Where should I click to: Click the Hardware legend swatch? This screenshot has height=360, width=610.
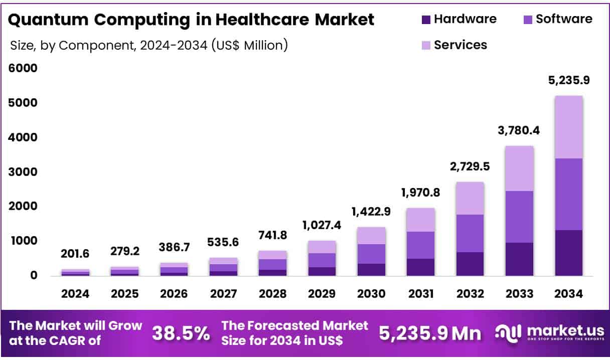click(426, 20)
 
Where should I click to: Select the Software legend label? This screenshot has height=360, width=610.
click(564, 19)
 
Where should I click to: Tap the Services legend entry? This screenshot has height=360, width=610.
click(460, 45)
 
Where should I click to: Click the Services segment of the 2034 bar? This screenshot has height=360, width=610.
click(569, 127)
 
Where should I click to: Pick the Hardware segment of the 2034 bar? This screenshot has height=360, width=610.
click(569, 253)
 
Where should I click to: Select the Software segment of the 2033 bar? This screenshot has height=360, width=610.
click(519, 217)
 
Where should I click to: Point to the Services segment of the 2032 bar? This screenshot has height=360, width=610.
click(470, 198)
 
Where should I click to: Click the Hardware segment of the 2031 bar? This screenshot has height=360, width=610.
click(420, 267)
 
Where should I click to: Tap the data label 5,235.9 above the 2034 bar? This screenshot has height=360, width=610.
click(569, 80)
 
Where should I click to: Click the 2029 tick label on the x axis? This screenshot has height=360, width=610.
click(322, 294)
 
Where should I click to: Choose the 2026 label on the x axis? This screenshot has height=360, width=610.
click(174, 294)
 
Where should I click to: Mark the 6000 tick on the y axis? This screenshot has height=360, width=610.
click(23, 68)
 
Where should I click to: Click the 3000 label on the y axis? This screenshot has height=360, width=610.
click(23, 172)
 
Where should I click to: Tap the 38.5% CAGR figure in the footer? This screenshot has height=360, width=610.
click(181, 333)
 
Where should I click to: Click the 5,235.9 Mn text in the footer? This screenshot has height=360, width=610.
click(430, 333)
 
